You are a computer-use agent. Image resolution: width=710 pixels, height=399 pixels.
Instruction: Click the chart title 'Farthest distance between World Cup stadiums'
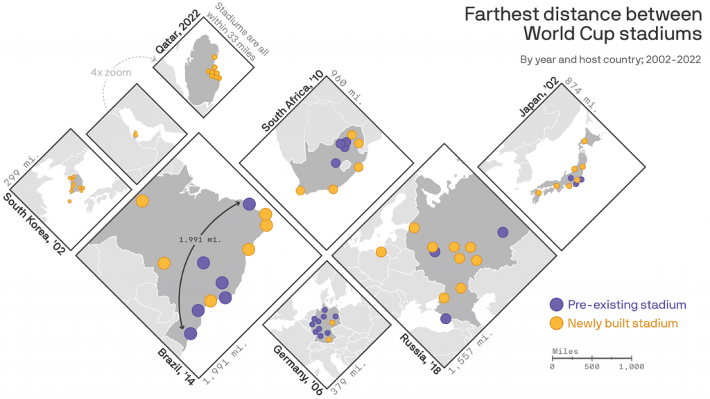pos(582,23)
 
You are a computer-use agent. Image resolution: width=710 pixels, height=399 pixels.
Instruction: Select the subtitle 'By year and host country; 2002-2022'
pos(610,60)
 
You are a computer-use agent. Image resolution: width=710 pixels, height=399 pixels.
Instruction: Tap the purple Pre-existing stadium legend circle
pos(556,304)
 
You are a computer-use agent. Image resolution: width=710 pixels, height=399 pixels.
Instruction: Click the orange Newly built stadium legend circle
pos(556,323)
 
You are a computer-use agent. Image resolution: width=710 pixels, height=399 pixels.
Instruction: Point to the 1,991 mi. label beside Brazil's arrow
pos(200,240)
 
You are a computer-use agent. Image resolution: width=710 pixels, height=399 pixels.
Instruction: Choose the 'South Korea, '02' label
pos(34,225)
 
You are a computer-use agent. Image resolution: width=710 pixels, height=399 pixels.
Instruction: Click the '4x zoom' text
pos(111,72)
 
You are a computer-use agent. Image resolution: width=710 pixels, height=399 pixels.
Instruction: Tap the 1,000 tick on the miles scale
pos(632,366)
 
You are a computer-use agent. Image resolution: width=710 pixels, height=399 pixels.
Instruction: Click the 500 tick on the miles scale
pos(592,366)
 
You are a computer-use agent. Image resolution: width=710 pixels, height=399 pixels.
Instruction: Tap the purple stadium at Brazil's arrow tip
pos(249,204)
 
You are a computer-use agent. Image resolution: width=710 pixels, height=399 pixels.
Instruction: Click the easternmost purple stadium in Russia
pos(503,233)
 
